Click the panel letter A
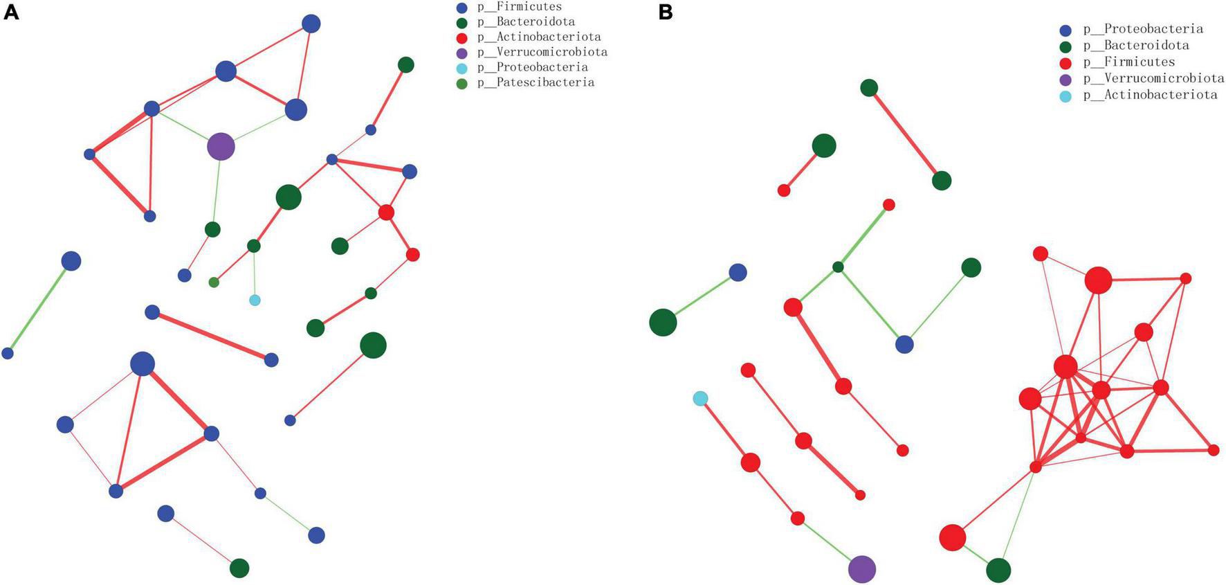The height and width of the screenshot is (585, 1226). tap(11, 12)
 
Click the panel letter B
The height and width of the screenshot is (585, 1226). tap(666, 12)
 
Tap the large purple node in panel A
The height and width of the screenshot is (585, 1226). tap(221, 146)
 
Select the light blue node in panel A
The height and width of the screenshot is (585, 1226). tap(255, 300)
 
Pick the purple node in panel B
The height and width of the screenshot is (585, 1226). tap(861, 569)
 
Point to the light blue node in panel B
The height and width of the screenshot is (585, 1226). tap(700, 398)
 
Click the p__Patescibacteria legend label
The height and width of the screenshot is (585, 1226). tap(536, 82)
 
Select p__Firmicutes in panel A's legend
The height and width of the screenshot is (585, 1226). tap(520, 7)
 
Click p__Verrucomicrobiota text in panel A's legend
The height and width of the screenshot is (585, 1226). tap(542, 52)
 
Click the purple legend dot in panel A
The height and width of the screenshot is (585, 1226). tap(462, 53)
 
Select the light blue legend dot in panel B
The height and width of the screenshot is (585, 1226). tap(1066, 96)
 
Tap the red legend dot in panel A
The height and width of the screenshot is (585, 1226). tap(462, 37)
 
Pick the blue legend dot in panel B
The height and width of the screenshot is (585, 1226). tap(1066, 30)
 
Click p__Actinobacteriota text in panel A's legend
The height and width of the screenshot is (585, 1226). tap(539, 37)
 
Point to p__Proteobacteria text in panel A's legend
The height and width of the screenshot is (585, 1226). tap(533, 67)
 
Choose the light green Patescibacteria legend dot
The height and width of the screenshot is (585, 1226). tap(462, 83)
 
